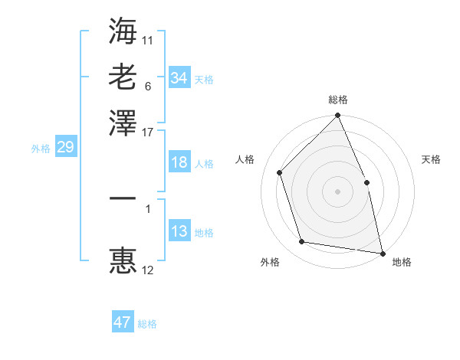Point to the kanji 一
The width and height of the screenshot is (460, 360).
[123, 198]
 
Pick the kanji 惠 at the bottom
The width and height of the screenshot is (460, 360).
[123, 260]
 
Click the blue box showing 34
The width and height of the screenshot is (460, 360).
[179, 77]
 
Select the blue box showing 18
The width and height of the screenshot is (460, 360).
[179, 163]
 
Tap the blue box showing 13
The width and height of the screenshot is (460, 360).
[179, 231]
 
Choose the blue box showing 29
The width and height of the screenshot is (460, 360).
[65, 147]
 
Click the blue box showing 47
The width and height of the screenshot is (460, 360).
[123, 322]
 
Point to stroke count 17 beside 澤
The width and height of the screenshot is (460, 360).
[147, 132]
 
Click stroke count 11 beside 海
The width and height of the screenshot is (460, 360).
[147, 38]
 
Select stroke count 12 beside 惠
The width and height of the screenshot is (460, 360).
[147, 270]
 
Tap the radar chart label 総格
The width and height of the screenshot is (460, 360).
[338, 100]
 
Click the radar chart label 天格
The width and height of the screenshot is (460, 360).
[431, 159]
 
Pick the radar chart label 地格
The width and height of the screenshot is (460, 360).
[402, 263]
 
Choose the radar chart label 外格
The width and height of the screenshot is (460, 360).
[270, 263]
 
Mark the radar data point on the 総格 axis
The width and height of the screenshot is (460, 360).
[338, 116]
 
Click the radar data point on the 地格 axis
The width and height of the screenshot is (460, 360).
[383, 252]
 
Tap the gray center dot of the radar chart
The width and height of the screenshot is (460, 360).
[338, 191]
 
